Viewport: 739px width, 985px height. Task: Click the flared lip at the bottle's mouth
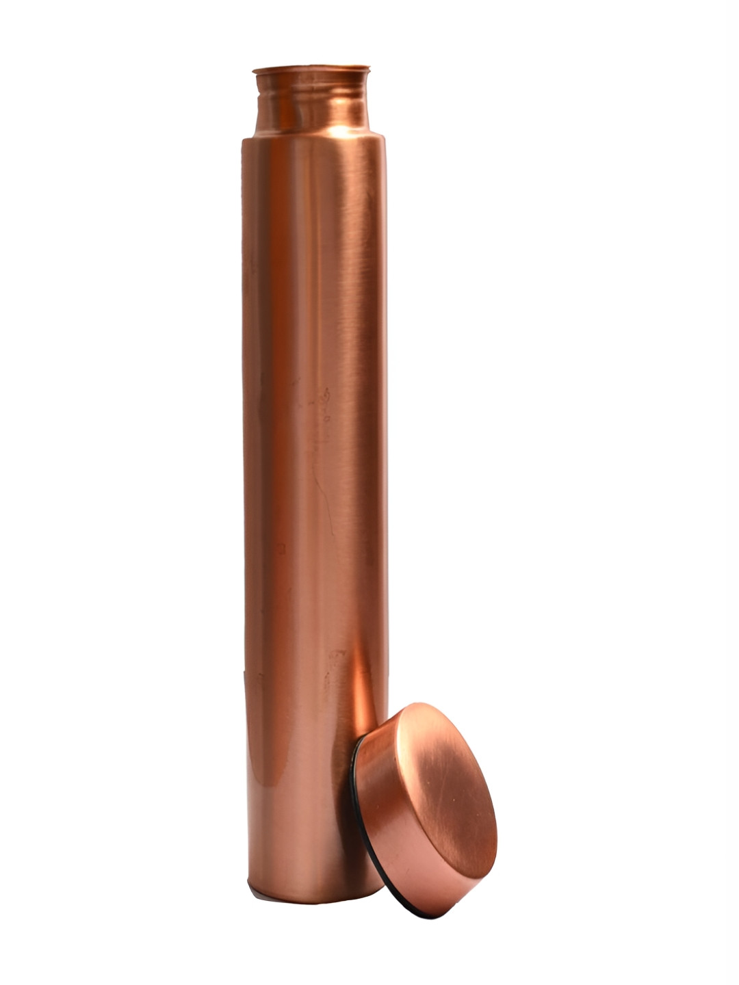click(311, 69)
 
